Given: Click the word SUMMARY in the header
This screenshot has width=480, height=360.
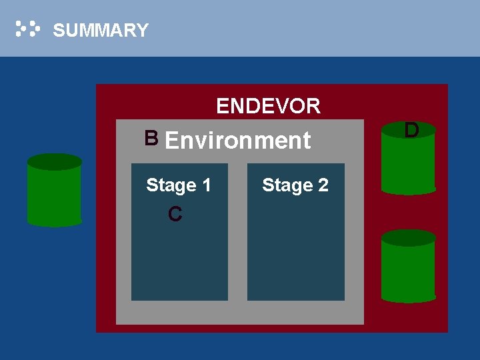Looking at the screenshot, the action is pyautogui.click(x=100, y=31).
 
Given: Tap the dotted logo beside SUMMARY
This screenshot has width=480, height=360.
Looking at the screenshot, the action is pyautogui.click(x=28, y=29).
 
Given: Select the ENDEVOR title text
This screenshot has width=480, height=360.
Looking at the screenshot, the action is pyautogui.click(x=268, y=106).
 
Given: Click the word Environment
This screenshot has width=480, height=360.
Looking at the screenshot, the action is pyautogui.click(x=237, y=141).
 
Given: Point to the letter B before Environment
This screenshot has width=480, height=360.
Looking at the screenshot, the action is pyautogui.click(x=151, y=138).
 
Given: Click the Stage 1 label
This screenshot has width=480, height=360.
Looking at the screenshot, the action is pyautogui.click(x=178, y=185).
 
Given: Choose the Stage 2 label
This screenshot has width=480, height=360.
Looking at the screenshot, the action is pyautogui.click(x=295, y=185).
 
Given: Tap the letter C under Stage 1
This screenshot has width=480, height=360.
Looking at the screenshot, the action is pyautogui.click(x=175, y=215).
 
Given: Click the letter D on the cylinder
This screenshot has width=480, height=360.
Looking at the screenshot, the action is pyautogui.click(x=411, y=130).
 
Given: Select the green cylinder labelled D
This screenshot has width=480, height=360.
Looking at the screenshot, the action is pyautogui.click(x=409, y=163).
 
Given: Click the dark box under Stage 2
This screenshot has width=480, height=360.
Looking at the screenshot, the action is pyautogui.click(x=295, y=247).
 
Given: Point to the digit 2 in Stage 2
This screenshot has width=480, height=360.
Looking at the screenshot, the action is pyautogui.click(x=323, y=185).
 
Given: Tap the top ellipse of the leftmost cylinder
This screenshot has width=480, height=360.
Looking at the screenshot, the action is pyautogui.click(x=55, y=162).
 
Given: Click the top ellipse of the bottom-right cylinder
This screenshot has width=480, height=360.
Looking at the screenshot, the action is pyautogui.click(x=409, y=238).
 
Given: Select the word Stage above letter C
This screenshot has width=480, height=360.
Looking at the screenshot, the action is pyautogui.click(x=171, y=185).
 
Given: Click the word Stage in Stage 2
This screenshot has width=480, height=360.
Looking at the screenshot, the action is pyautogui.click(x=287, y=185).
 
